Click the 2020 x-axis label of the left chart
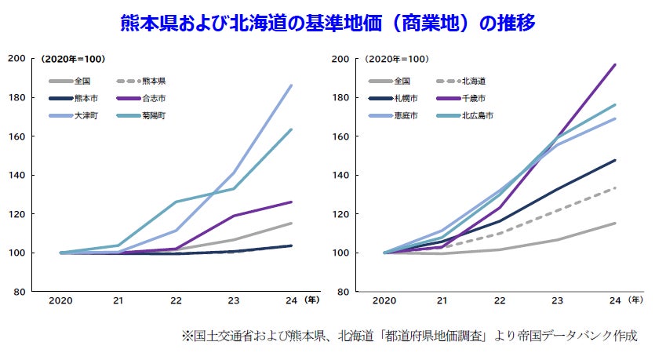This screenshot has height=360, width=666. (60, 300)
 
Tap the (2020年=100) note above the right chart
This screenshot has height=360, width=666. (398, 60)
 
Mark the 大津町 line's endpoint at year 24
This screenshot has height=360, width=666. (291, 85)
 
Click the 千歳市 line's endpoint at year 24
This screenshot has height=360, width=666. (614, 64)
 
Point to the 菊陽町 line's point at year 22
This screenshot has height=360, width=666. (175, 202)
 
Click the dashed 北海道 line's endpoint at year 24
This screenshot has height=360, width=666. (614, 187)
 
